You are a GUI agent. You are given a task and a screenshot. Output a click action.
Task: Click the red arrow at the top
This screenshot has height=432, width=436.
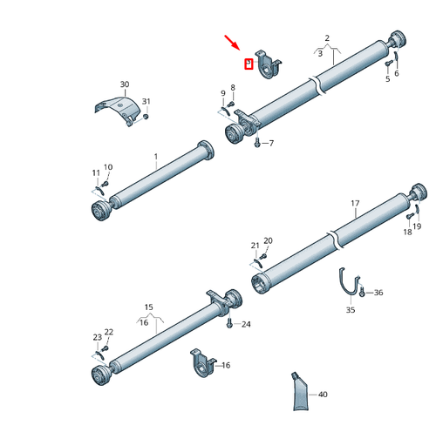[x=234, y=44]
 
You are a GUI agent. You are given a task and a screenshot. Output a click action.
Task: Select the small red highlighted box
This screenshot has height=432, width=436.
[x=249, y=64]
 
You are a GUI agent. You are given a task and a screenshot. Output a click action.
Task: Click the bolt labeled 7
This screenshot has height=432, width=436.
[x=257, y=144]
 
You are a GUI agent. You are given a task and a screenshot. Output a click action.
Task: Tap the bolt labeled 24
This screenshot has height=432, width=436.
[x=229, y=324]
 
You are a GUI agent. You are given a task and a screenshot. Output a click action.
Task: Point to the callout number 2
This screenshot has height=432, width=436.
[x=327, y=37]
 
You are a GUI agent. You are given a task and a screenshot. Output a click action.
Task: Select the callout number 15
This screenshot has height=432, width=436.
[x=148, y=307]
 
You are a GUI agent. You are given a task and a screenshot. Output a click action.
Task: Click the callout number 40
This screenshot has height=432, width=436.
[x=323, y=395]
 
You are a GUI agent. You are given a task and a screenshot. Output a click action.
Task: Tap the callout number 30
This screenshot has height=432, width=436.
[x=124, y=84]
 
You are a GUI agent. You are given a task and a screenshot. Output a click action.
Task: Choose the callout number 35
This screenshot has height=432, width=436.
[x=351, y=309]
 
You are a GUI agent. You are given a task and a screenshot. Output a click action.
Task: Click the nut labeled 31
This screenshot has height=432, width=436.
[x=146, y=116]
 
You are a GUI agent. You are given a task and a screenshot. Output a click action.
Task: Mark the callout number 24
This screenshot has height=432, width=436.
[x=246, y=324]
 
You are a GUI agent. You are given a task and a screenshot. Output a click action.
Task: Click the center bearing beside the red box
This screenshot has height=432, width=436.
[x=269, y=65]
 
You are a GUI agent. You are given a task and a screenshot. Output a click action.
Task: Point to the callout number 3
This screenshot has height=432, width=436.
[x=320, y=54]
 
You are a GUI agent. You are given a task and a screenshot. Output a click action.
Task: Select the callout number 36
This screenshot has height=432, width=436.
[x=378, y=294]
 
